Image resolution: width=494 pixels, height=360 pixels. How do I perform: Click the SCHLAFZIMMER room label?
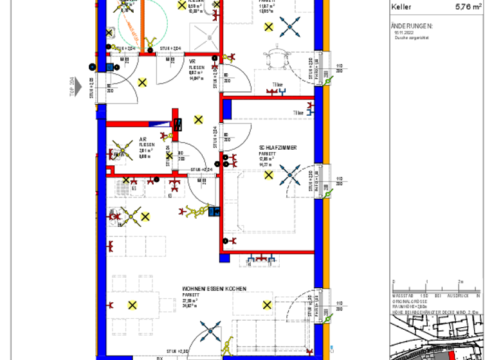tap(278, 148)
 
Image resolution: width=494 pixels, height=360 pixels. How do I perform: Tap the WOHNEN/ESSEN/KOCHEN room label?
tap(214, 289)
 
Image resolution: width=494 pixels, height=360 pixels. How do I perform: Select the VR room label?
tap(192, 62)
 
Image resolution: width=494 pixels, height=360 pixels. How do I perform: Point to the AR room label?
tap(143, 139)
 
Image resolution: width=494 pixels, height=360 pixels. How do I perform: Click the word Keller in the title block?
tap(401, 7)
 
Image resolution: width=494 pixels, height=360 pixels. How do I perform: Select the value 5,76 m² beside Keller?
tap(468, 7)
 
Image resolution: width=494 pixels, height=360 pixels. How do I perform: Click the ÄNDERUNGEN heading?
tap(412, 26)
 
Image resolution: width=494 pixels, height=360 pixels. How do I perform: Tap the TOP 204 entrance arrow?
tap(78, 86)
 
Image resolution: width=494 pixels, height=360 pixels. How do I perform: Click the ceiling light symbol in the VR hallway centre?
tap(198, 119)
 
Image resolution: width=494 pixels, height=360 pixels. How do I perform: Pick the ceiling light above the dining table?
tap(133, 305)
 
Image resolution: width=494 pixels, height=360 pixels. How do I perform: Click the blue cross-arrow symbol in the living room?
tap(210, 332)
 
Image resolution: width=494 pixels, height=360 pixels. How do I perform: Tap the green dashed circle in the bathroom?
tap(143, 26)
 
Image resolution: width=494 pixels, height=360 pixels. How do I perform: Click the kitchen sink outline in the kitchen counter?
tap(122, 187)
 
